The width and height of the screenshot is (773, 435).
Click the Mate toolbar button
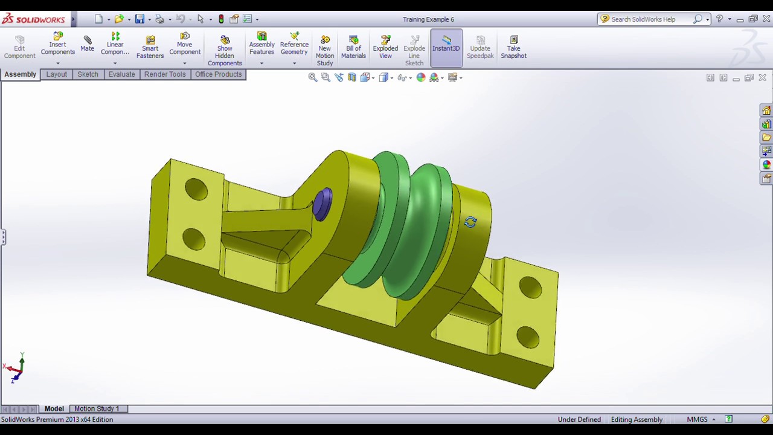point(87,43)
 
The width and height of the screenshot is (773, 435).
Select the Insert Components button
point(58,44)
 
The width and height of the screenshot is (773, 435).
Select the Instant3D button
point(446,43)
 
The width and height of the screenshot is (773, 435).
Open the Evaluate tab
point(121,74)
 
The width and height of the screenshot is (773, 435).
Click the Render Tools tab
point(165,74)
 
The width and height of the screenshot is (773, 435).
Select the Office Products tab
point(218,74)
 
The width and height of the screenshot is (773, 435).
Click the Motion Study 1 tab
point(97,409)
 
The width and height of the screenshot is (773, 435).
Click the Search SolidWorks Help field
point(649,19)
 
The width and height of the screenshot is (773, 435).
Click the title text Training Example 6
point(428,19)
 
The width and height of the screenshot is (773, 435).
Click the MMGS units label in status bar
point(697,419)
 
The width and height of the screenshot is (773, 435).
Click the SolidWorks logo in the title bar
point(33,19)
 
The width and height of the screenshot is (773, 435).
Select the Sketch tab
point(88,74)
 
